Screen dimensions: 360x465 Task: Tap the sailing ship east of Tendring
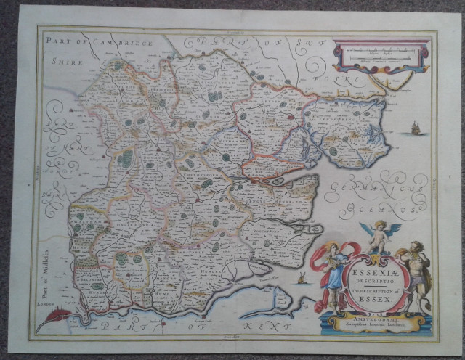(415, 129)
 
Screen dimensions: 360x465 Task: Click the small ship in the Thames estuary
(302, 278)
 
